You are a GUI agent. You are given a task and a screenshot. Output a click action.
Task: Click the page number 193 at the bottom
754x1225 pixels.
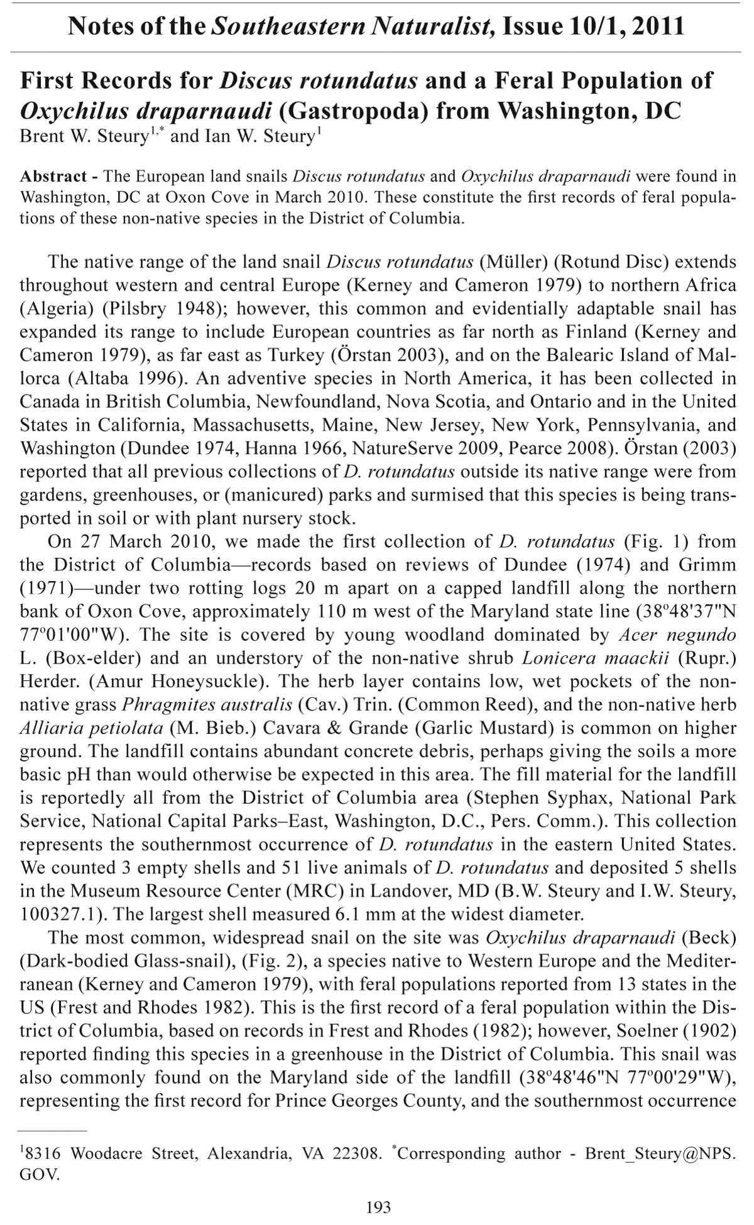pos(378,1206)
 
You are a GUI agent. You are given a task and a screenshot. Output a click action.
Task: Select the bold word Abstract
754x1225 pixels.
pos(53,176)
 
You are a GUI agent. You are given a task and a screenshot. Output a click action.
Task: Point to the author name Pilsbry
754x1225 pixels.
pos(140,308)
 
